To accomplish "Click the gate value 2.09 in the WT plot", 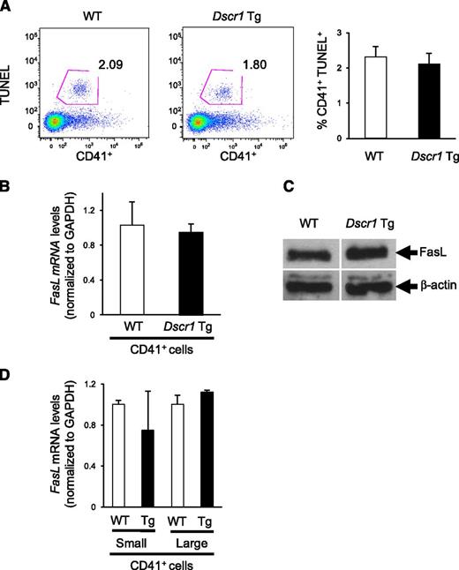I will [117, 64].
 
